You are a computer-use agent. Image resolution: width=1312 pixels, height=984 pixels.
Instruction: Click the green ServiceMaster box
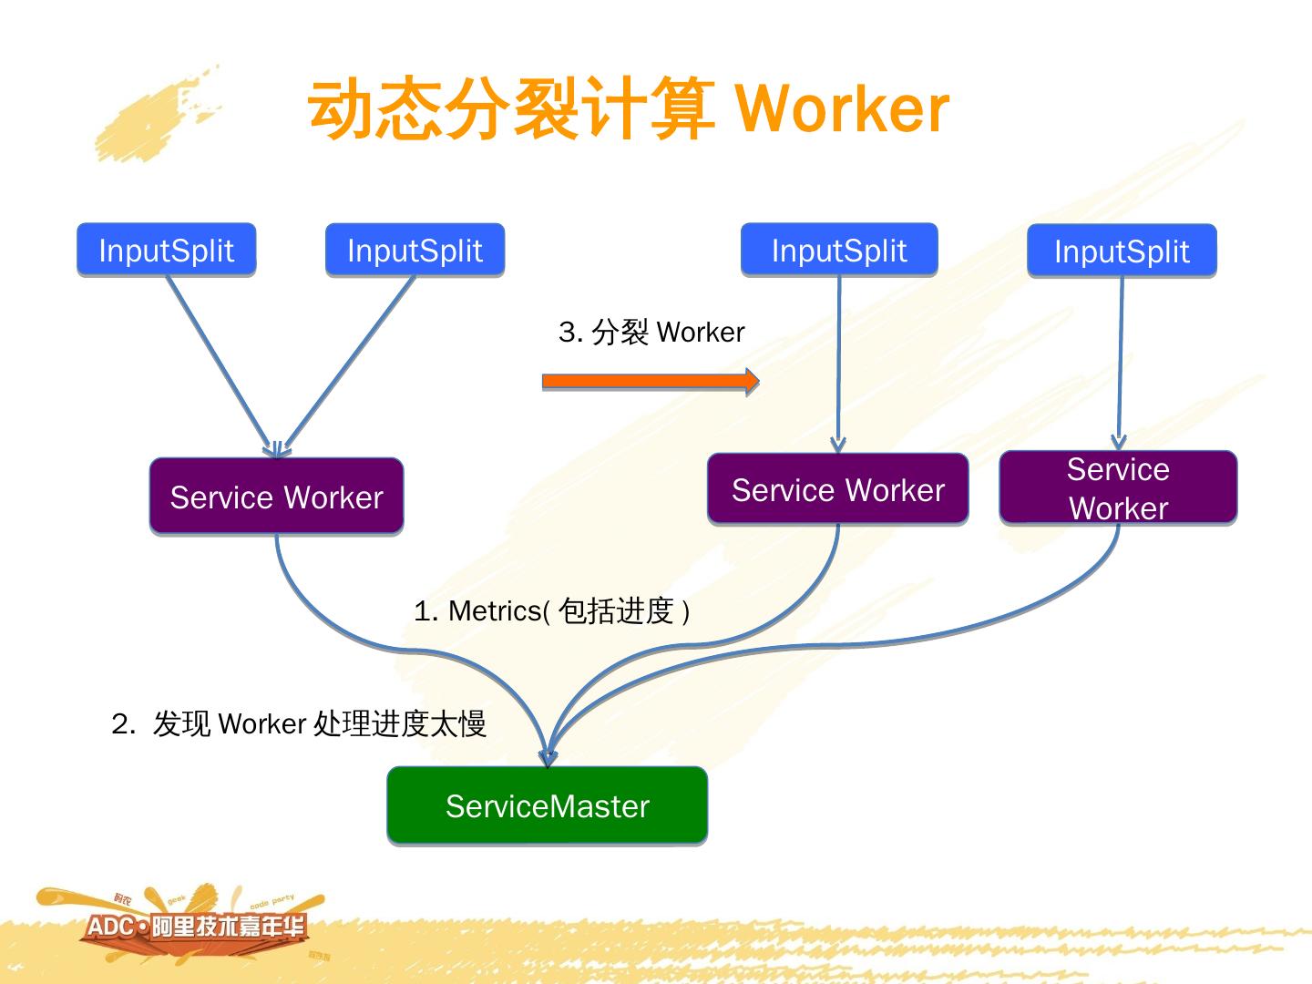tap(547, 805)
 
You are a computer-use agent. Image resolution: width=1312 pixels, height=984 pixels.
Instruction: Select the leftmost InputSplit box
tap(166, 250)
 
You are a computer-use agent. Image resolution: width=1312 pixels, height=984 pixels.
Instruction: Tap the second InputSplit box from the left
tap(415, 250)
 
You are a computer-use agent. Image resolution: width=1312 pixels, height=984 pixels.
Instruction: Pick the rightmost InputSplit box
tap(1122, 251)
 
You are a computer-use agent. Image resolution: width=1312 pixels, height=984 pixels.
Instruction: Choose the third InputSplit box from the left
tap(839, 250)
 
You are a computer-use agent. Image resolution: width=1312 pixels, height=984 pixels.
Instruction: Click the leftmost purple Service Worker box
tap(276, 497)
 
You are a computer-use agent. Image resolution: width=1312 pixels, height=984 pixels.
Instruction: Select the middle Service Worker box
tap(837, 489)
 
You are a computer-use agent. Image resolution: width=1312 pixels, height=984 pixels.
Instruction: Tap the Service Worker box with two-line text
tap(1118, 488)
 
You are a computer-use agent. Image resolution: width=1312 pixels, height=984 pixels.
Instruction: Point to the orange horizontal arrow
tap(650, 381)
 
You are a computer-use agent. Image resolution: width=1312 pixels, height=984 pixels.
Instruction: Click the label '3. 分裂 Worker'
tap(651, 332)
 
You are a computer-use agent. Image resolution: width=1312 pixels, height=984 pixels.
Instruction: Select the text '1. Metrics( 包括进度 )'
tap(551, 610)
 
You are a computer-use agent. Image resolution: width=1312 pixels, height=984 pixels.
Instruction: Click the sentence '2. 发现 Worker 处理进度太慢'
tap(299, 723)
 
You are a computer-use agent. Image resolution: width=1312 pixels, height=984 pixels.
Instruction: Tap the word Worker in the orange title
tap(842, 109)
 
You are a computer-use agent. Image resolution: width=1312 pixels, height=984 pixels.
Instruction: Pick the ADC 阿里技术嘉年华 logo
tap(196, 927)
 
